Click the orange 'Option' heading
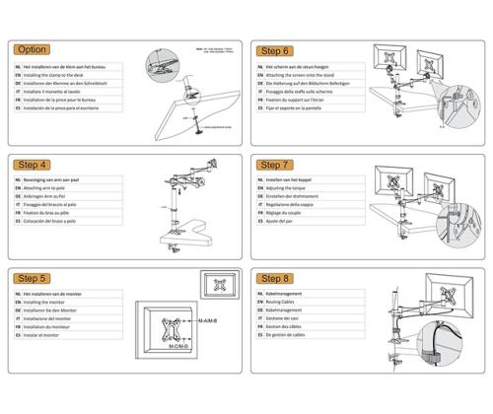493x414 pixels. tap(33, 49)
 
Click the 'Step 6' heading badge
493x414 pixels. tap(274, 50)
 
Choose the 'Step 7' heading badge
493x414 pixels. tap(274, 165)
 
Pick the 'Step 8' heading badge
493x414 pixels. tap(274, 279)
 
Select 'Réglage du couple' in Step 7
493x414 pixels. tap(290, 211)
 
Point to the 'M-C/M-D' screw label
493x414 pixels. tap(179, 347)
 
